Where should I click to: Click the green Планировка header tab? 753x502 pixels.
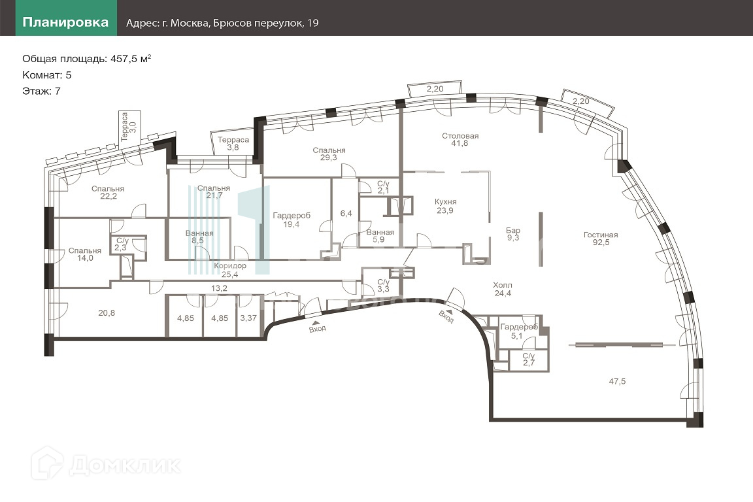[x=66, y=18]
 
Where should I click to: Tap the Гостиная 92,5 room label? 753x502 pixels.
[x=601, y=239]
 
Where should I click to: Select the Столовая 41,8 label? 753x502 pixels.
[x=460, y=139]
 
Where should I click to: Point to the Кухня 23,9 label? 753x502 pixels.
[x=445, y=206]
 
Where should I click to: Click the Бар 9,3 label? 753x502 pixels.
[x=513, y=234]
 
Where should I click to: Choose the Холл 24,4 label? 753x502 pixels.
[x=502, y=289]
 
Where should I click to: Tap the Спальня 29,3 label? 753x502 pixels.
[x=329, y=154]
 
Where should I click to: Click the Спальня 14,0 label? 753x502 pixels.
[x=84, y=254]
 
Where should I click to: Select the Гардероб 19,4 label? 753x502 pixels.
[x=292, y=220]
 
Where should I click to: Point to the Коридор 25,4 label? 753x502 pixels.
[x=230, y=270]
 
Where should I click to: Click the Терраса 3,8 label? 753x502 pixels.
[x=233, y=144]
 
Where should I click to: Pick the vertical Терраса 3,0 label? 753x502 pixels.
[x=129, y=127]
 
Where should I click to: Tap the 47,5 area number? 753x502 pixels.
[x=617, y=382]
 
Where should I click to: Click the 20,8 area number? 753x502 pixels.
[x=106, y=312]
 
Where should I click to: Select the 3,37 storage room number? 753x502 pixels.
[x=248, y=318]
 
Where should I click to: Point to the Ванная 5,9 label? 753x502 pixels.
[x=380, y=236]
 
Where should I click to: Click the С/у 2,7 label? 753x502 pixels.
[x=528, y=360]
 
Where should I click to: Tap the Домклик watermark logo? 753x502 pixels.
[x=106, y=463]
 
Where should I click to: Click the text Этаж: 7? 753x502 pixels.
[x=41, y=91]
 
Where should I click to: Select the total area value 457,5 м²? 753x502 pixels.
[x=131, y=59]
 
